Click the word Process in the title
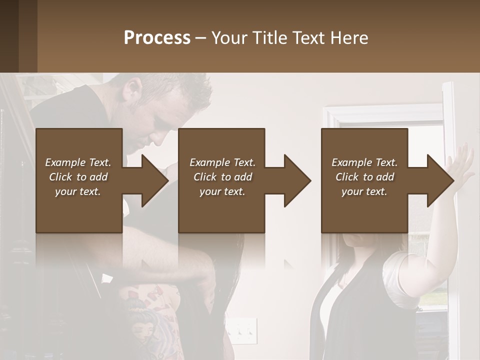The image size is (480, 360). coord(157,38)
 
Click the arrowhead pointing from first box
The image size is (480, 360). coord(153,180)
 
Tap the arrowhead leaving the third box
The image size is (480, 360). coord(439,180)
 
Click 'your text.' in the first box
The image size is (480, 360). coord(78,191)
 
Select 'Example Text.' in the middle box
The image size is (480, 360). coord(222,162)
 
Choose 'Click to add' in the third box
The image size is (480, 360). coord(365,177)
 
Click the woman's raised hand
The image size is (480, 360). coord(463,164)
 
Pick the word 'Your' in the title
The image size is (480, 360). coord(229,38)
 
